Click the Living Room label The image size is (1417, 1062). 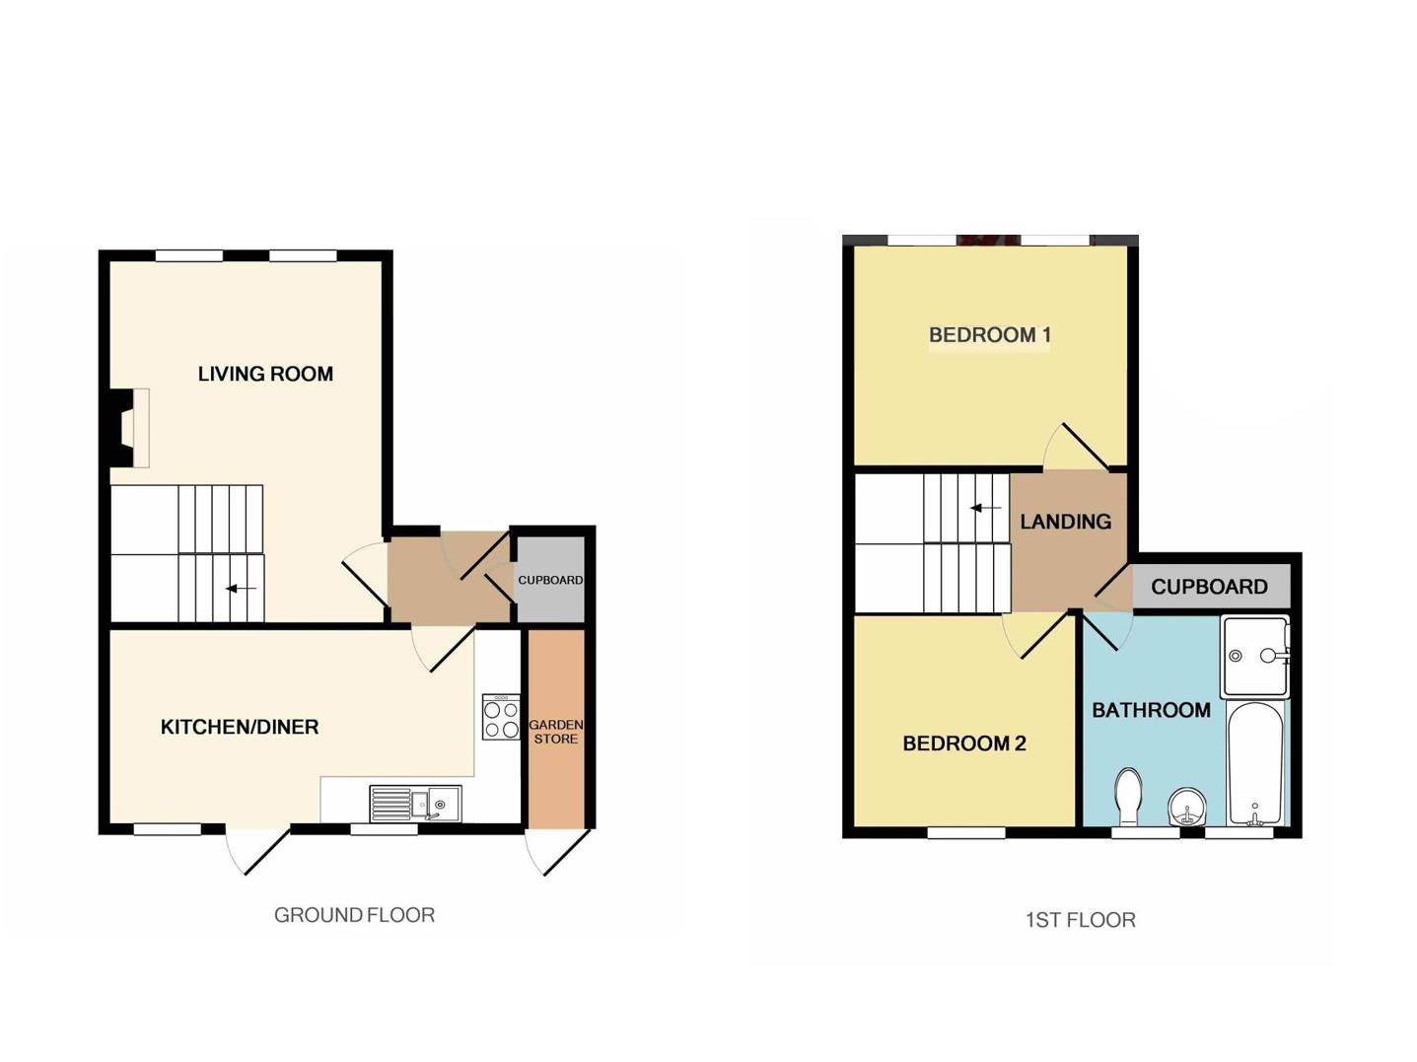click(x=265, y=374)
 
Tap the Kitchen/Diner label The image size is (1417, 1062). click(x=240, y=728)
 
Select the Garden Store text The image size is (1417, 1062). click(x=556, y=732)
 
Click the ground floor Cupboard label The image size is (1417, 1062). click(x=550, y=580)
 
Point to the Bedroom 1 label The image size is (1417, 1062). click(x=989, y=335)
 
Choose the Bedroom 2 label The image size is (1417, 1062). click(x=964, y=743)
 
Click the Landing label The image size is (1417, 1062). click(x=1065, y=522)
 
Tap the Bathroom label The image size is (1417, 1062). click(x=1151, y=710)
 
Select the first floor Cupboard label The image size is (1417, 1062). click(x=1209, y=587)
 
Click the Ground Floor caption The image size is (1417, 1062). click(x=354, y=915)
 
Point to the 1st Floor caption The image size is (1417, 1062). click(x=1080, y=920)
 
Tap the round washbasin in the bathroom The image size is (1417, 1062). click(x=1186, y=810)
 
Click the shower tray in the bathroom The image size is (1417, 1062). click(x=1254, y=656)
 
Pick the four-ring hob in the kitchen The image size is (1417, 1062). click(x=501, y=718)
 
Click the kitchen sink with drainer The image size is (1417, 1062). click(x=415, y=804)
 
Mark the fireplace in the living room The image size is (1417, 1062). click(x=128, y=427)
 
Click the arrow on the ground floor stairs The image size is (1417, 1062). click(x=241, y=589)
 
